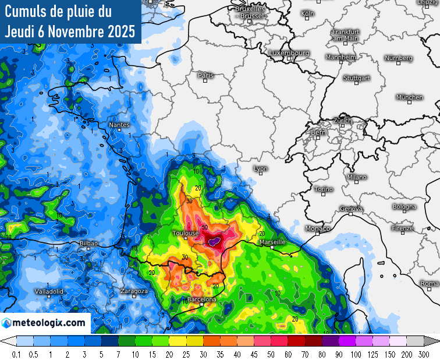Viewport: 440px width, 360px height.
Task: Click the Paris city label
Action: [x=206, y=75]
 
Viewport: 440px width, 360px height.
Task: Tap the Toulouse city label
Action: [x=186, y=234]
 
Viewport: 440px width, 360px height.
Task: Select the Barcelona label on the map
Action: [x=201, y=299]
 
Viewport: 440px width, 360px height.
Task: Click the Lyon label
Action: [x=261, y=169]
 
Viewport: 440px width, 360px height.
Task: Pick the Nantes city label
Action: [x=119, y=125]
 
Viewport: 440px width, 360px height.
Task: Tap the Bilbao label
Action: [x=88, y=243]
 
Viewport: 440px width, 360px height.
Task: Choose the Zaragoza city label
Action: [x=134, y=291]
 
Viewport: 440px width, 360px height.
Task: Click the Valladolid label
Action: [x=49, y=291]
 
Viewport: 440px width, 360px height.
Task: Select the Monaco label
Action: [x=318, y=228]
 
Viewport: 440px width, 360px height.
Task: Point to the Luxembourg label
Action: [x=289, y=53]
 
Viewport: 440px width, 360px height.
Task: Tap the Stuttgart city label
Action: [x=357, y=77]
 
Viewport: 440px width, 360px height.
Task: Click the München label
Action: [x=410, y=97]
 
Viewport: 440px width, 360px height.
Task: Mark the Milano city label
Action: [x=357, y=177]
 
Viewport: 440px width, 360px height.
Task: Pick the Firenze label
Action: [x=402, y=228]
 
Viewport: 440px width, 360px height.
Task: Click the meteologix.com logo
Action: [x=45, y=322]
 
